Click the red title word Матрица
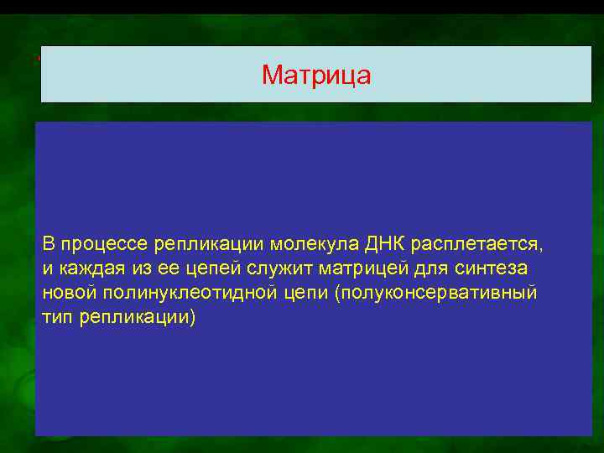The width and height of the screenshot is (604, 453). [316, 75]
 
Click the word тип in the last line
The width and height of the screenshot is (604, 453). [57, 320]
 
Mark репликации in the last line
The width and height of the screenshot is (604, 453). [135, 320]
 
